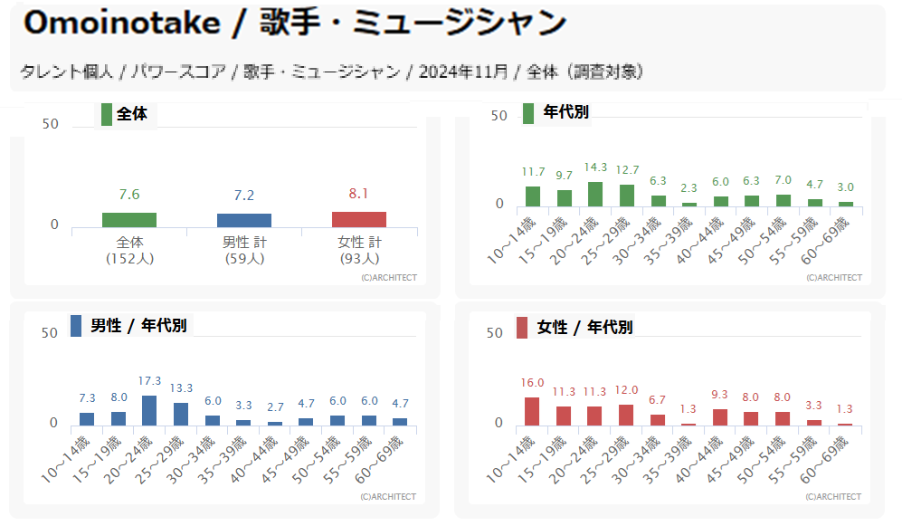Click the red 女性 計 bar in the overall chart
click(358, 219)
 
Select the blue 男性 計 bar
click(243, 220)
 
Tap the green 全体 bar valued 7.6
click(128, 219)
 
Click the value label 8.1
click(358, 194)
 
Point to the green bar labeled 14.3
click(594, 195)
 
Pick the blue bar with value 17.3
click(149, 410)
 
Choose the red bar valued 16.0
click(532, 411)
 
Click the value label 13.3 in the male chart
click(181, 388)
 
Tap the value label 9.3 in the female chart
click(720, 395)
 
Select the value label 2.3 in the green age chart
click(689, 188)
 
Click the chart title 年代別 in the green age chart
click(565, 112)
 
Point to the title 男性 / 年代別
click(138, 326)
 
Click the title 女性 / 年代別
click(584, 327)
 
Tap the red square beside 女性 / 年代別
click(522, 327)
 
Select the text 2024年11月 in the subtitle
click(461, 72)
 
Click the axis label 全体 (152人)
click(129, 251)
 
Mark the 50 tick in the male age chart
click(50, 333)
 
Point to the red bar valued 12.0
click(626, 415)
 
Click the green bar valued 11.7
click(533, 196)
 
